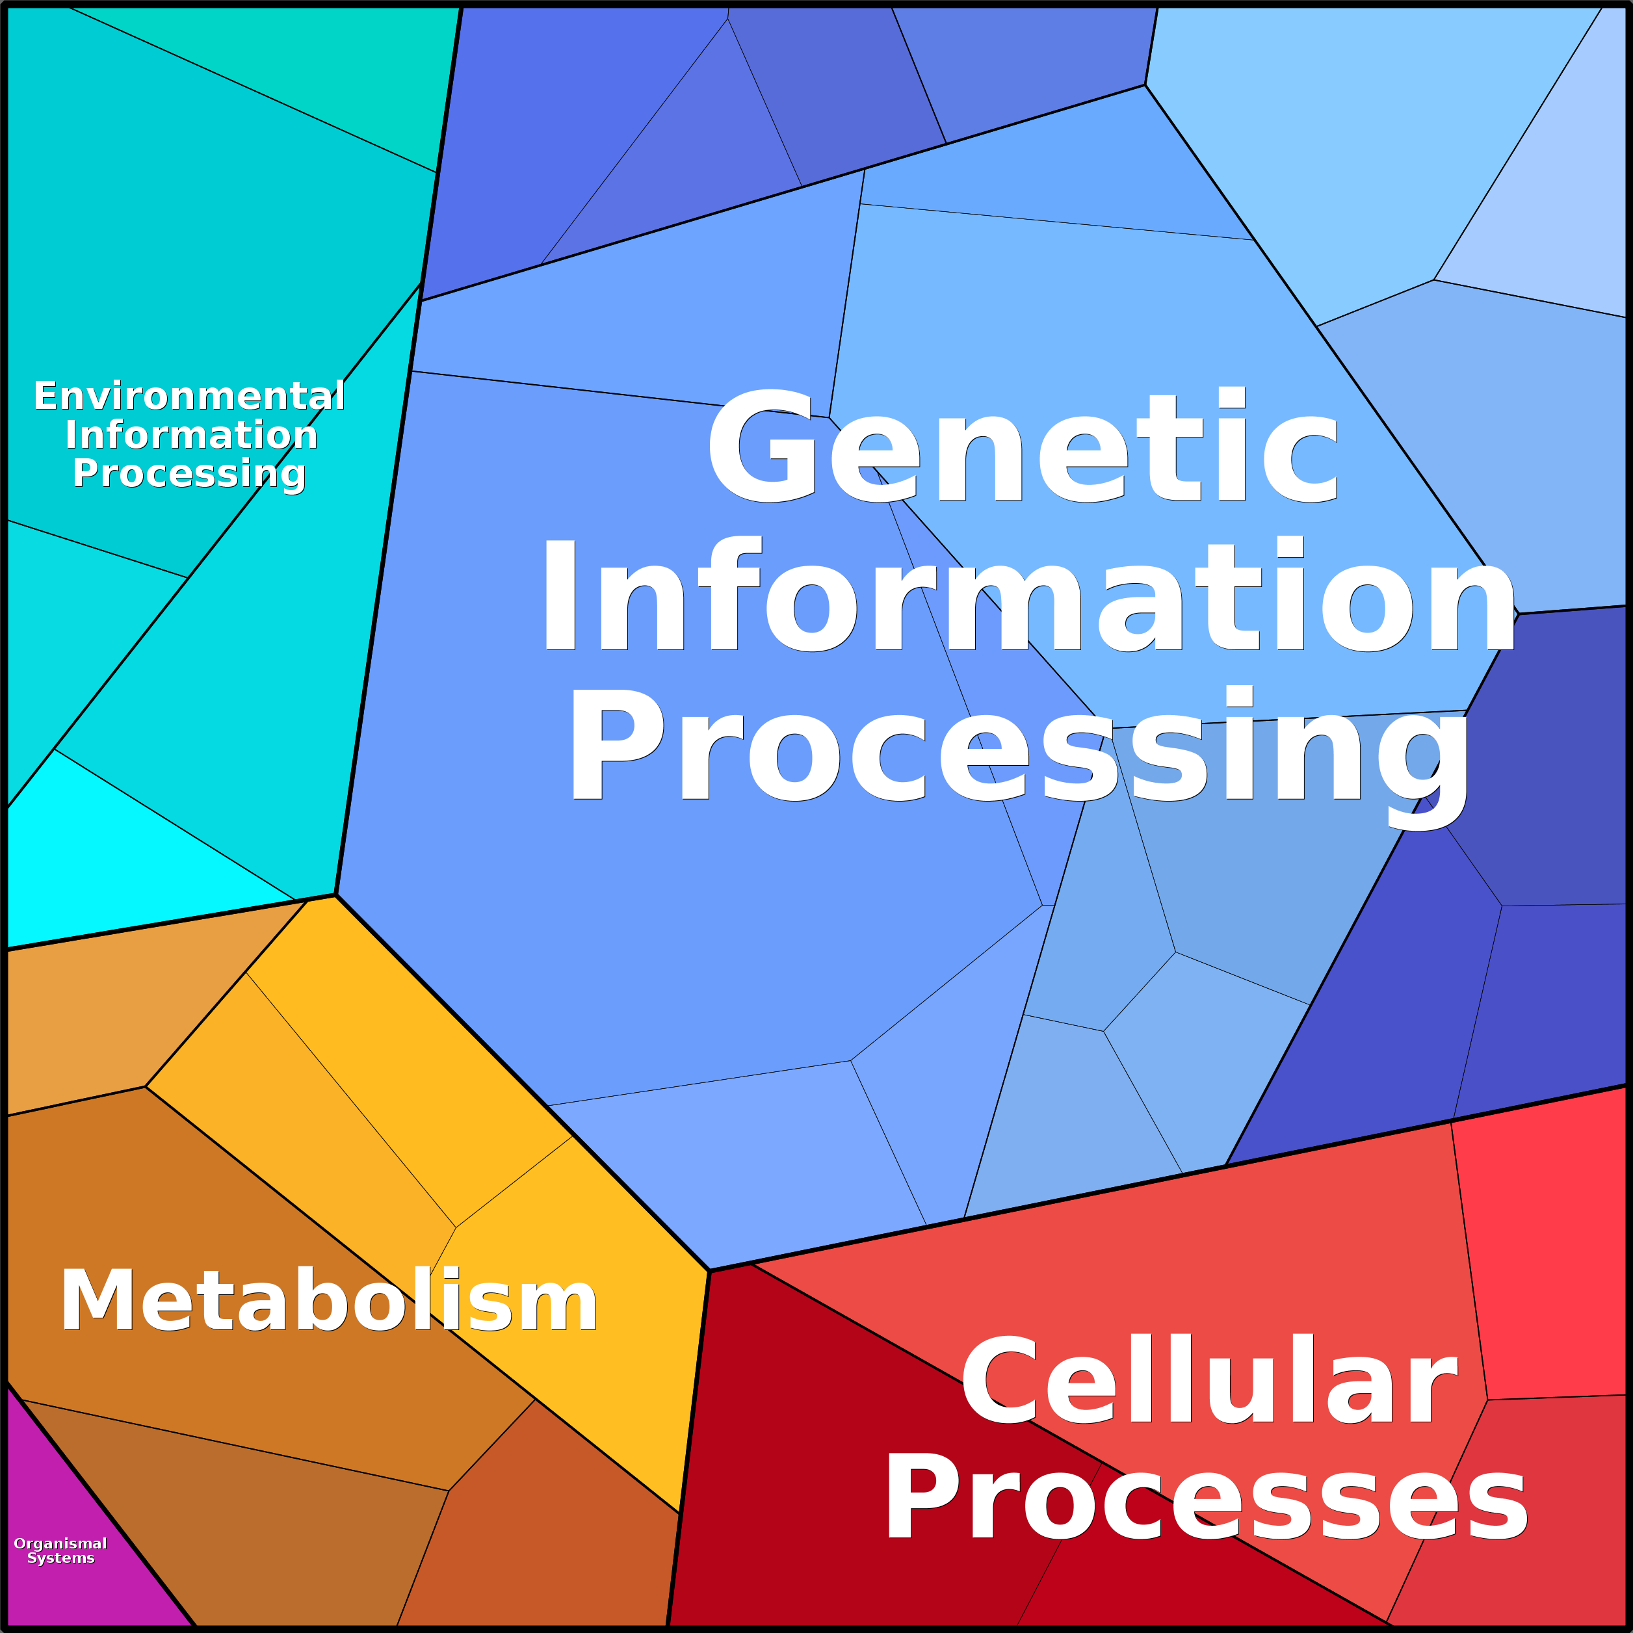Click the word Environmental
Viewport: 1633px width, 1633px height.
[189, 395]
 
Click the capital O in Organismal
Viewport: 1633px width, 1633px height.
[20, 1543]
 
